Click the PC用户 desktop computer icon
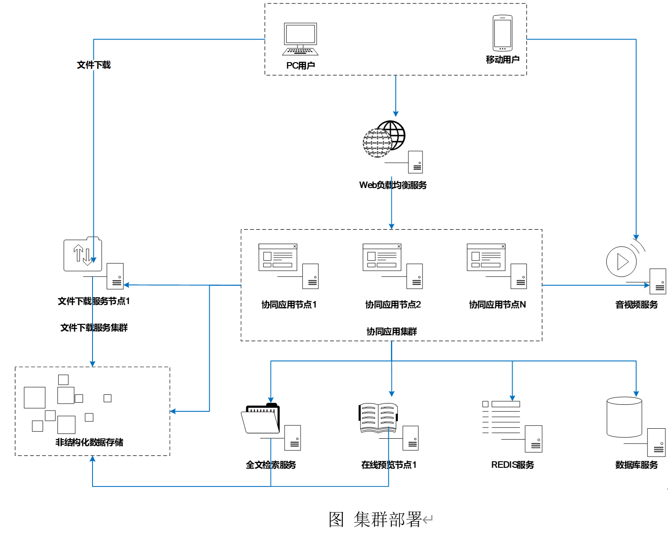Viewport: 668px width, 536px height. click(300, 39)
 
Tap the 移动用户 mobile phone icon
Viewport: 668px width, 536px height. click(503, 33)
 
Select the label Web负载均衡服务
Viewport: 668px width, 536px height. click(393, 185)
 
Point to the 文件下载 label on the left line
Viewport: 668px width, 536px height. click(94, 65)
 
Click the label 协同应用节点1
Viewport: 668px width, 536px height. click(289, 304)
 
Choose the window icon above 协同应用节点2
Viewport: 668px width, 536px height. click(382, 257)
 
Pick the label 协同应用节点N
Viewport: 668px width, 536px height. click(497, 304)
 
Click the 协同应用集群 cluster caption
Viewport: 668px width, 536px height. click(391, 331)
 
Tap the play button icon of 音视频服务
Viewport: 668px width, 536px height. click(622, 261)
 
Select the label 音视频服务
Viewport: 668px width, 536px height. click(636, 304)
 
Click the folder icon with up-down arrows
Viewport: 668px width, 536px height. click(83, 254)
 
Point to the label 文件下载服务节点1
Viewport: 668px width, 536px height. click(94, 301)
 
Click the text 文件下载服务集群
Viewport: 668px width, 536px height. click(94, 328)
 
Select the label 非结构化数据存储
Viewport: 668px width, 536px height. click(89, 442)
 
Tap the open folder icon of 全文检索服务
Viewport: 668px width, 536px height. click(261, 419)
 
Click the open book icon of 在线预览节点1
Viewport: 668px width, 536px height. click(378, 418)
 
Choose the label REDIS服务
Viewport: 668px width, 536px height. click(513, 465)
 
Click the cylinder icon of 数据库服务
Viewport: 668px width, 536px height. click(624, 417)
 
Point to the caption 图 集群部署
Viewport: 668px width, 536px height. click(375, 519)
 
